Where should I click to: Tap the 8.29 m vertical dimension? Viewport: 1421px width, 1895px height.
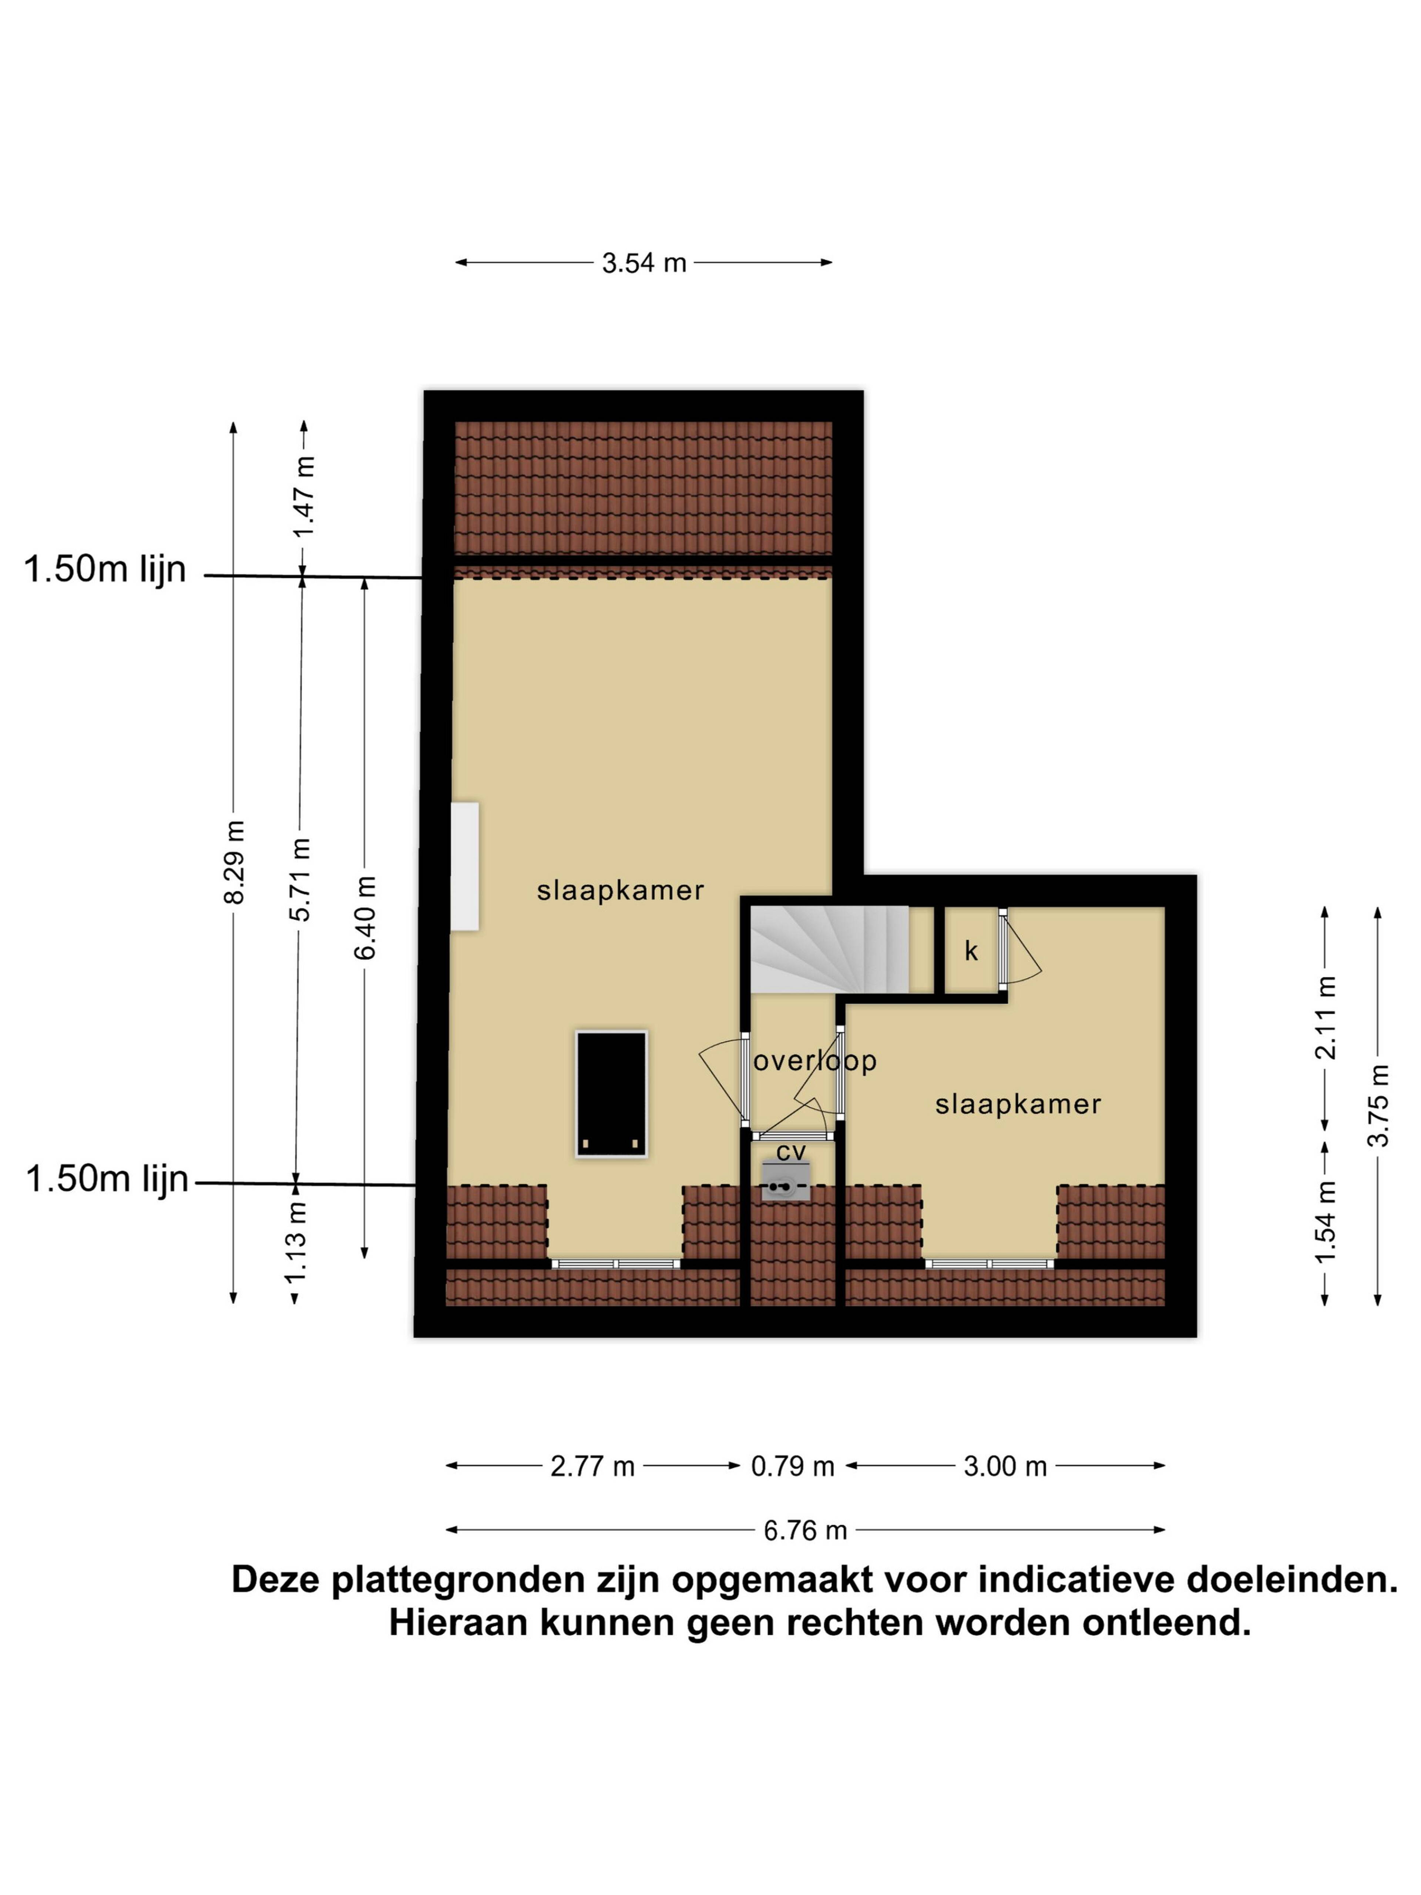pyautogui.click(x=234, y=861)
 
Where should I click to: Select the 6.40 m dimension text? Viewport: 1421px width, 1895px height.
pyautogui.click(x=365, y=917)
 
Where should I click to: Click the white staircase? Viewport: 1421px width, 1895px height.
pyautogui.click(x=829, y=949)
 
